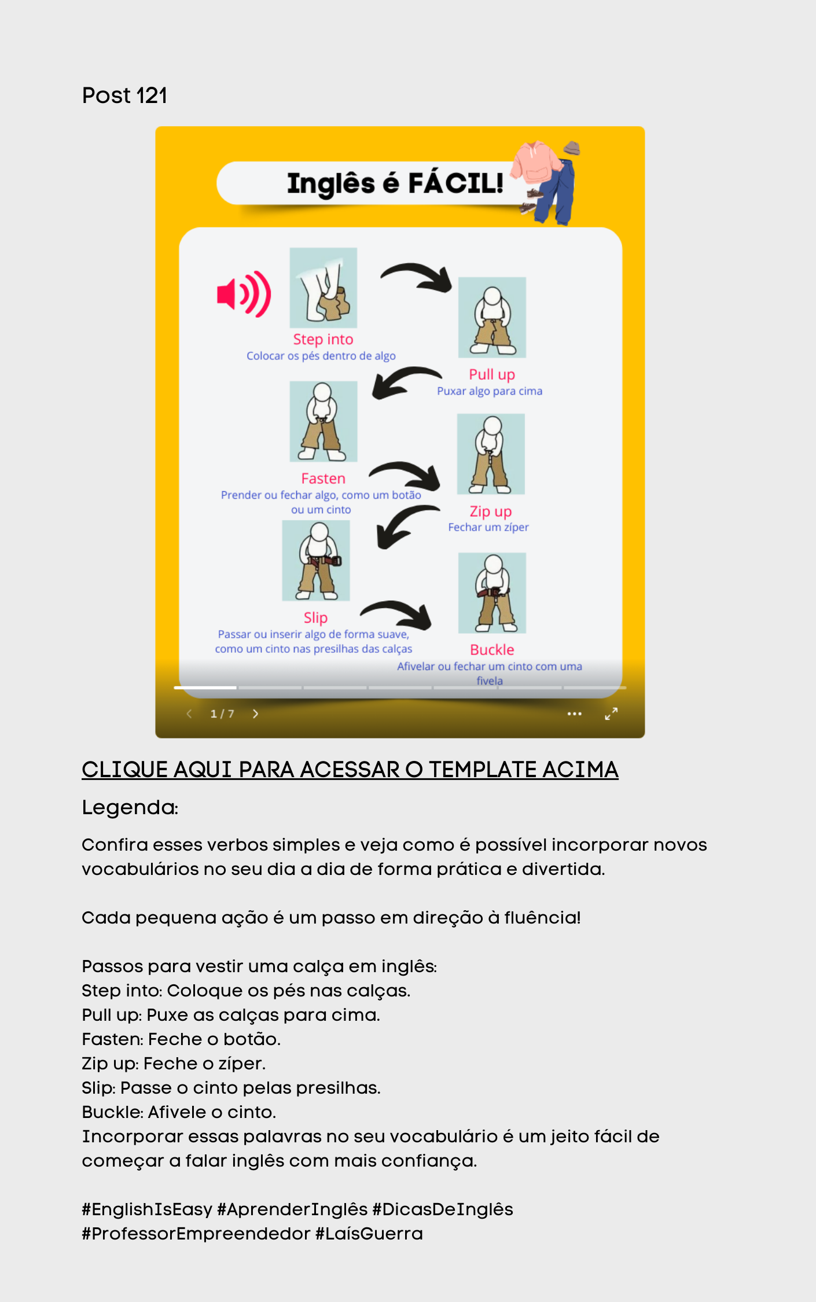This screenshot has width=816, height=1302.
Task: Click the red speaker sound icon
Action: pos(244,294)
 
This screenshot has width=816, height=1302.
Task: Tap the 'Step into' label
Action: pos(323,339)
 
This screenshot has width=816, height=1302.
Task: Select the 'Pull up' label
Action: pos(492,375)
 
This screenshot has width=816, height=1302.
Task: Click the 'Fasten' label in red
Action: pos(323,479)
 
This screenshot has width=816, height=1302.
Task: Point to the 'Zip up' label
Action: pos(491,512)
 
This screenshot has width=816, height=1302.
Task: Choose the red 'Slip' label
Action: pos(315,618)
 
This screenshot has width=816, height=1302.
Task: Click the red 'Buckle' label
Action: pos(492,650)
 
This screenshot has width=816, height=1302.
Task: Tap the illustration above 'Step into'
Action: pos(324,288)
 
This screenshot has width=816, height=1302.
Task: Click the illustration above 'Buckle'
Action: pos(492,593)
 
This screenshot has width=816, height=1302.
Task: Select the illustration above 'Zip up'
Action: pos(491,454)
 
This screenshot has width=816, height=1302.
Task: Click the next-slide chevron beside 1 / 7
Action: pos(255,714)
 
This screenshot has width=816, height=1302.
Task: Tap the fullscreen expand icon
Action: pos(611,713)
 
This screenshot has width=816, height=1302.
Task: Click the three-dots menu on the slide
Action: pos(575,714)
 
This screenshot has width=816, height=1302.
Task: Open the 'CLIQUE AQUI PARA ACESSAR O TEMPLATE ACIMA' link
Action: pos(350,770)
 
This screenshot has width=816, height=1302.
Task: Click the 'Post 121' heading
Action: pos(124,95)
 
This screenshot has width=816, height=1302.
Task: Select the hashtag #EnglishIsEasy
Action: pos(147,1209)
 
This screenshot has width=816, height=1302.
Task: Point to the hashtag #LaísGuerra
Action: pos(369,1234)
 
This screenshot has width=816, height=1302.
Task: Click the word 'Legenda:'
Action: pos(130,807)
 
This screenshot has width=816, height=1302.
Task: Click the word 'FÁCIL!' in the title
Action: pos(455,183)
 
